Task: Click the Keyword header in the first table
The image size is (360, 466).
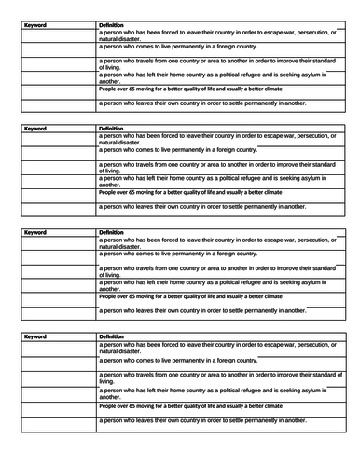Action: point(36,25)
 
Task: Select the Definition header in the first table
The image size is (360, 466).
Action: point(111,25)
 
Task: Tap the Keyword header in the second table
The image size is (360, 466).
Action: point(36,129)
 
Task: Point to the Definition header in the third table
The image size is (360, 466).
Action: point(111,231)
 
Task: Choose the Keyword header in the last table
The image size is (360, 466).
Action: point(36,335)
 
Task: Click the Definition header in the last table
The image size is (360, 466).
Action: point(111,335)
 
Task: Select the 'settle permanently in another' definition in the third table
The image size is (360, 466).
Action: point(201,309)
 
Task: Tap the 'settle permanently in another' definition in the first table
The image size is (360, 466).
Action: point(201,103)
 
